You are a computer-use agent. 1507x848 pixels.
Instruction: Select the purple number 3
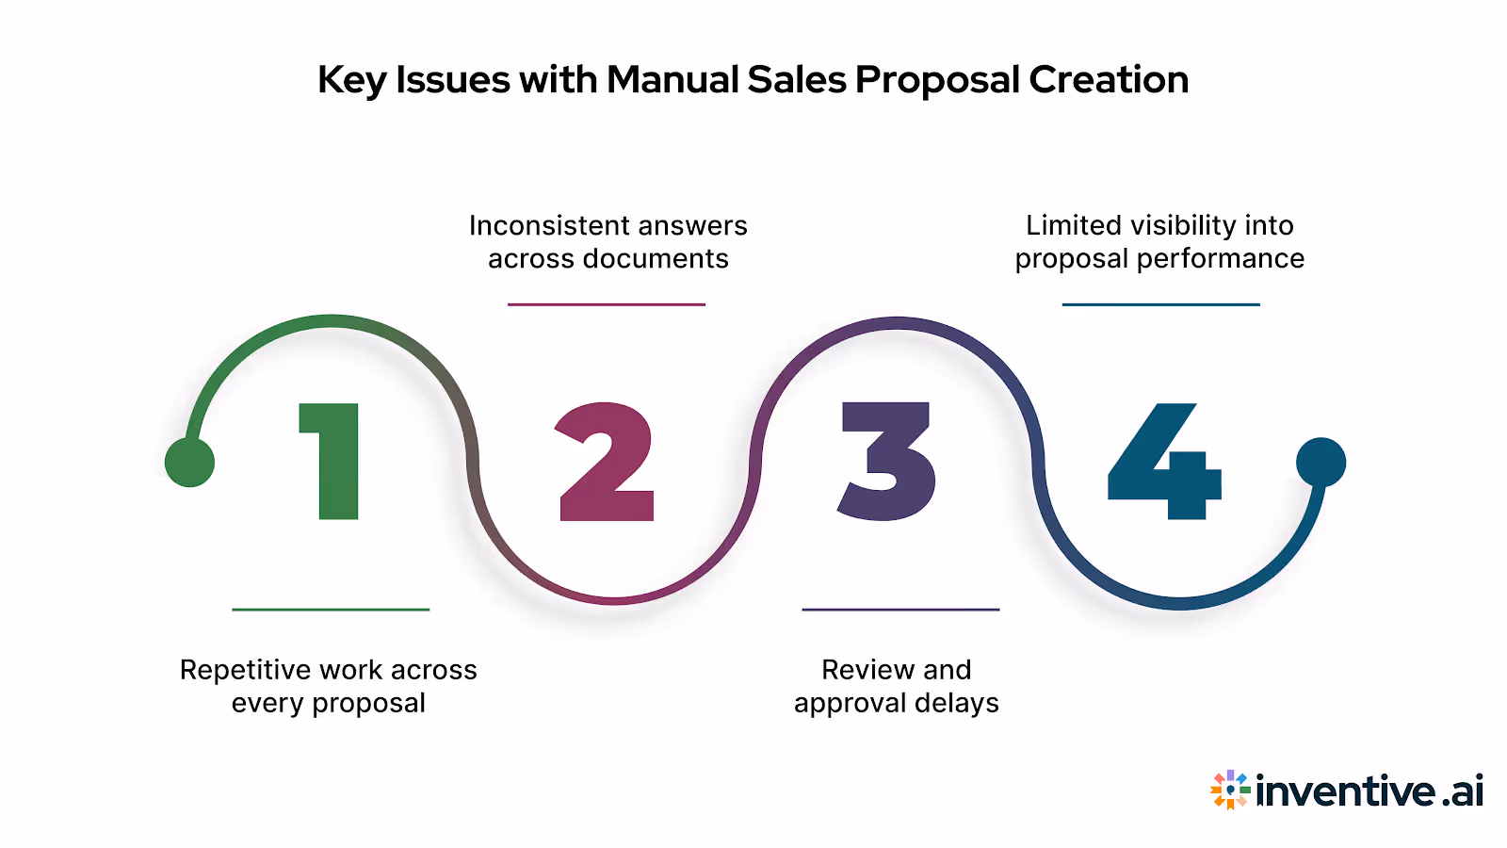(888, 462)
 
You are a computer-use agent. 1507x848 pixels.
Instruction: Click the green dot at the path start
(189, 463)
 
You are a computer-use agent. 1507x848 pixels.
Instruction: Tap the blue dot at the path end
(1321, 462)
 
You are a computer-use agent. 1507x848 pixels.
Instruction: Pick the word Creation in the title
(1109, 80)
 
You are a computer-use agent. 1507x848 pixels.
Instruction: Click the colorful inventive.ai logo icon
(1230, 790)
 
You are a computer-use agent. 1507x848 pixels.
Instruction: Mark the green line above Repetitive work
(331, 610)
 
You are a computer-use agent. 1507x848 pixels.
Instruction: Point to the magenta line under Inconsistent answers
(607, 304)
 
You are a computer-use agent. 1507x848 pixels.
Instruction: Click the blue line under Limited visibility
(1160, 304)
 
